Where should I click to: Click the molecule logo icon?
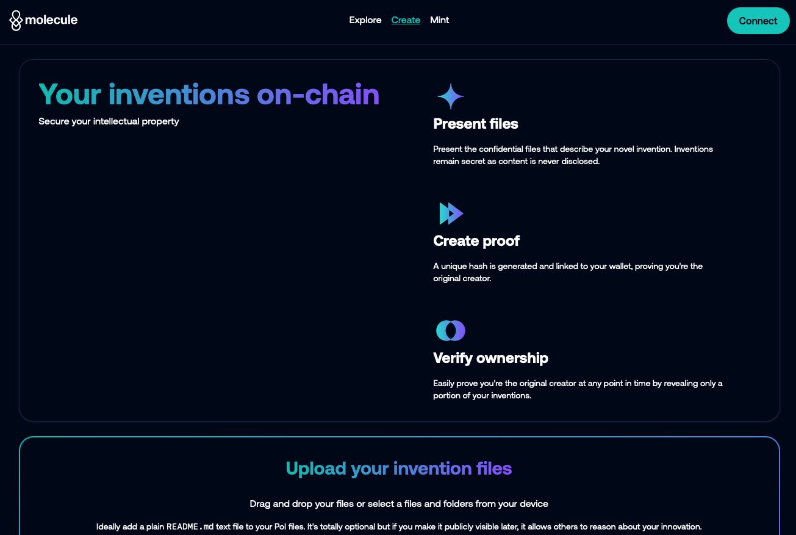pyautogui.click(x=16, y=21)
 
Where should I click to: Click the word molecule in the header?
pyautogui.click(x=51, y=20)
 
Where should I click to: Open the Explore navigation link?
pyautogui.click(x=365, y=20)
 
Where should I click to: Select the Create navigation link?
pyautogui.click(x=406, y=20)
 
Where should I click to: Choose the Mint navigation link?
pyautogui.click(x=439, y=20)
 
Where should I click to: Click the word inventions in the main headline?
pyautogui.click(x=179, y=95)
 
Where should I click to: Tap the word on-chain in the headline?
pyautogui.click(x=318, y=95)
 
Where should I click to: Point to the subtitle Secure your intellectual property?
pyautogui.click(x=109, y=121)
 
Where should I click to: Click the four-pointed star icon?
pyautogui.click(x=451, y=96)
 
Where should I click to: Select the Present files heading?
pyautogui.click(x=476, y=124)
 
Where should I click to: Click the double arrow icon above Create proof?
pyautogui.click(x=451, y=214)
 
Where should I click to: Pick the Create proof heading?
pyautogui.click(x=476, y=241)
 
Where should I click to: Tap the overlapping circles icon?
pyautogui.click(x=451, y=331)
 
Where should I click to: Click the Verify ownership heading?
pyautogui.click(x=490, y=358)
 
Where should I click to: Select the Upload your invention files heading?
pyautogui.click(x=399, y=468)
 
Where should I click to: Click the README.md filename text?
pyautogui.click(x=190, y=526)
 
